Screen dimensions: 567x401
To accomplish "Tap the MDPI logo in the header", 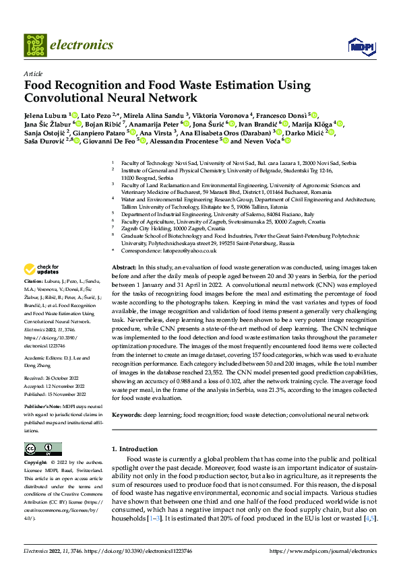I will point(358,46).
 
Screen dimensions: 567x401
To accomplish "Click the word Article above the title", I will point(32,73).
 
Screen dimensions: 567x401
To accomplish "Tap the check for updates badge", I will point(42,268).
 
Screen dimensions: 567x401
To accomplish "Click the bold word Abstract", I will point(124,267).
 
